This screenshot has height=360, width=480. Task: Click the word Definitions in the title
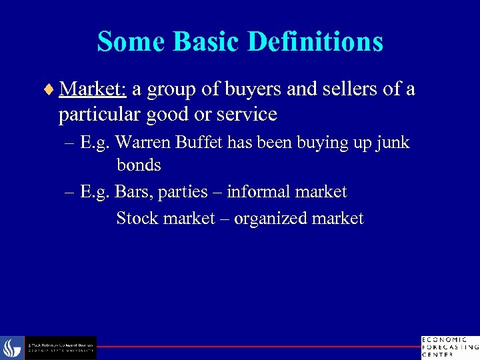click(x=315, y=41)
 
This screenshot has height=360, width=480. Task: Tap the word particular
click(x=99, y=114)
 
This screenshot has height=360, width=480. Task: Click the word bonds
click(x=139, y=164)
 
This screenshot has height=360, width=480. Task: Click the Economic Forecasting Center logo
click(x=449, y=347)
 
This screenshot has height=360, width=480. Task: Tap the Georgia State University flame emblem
click(x=11, y=348)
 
